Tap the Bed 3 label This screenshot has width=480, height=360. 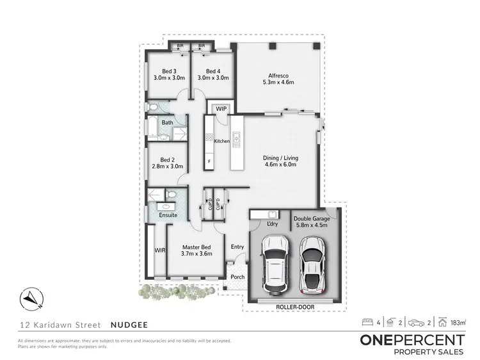click(x=169, y=70)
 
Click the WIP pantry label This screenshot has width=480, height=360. click(x=221, y=110)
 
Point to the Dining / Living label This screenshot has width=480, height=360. click(x=280, y=158)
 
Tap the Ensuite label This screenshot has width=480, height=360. click(x=168, y=215)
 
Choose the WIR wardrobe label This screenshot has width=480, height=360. click(x=159, y=250)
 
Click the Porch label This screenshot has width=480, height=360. click(x=237, y=277)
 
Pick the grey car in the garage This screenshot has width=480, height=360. click(x=314, y=263)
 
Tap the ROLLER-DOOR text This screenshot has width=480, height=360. click(x=293, y=307)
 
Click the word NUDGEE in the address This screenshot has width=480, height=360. click(x=132, y=325)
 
